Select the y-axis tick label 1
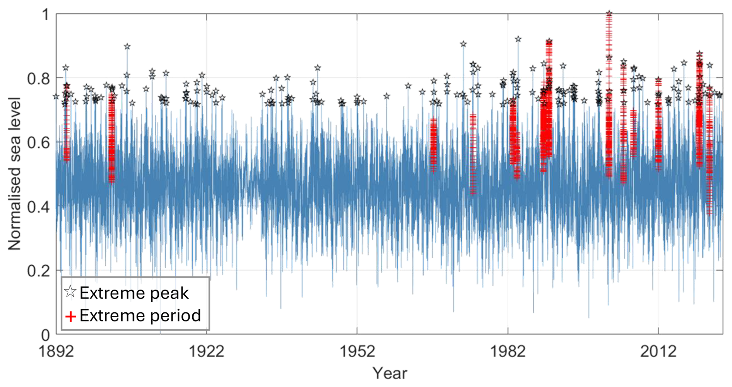(46, 15)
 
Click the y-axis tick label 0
(46, 335)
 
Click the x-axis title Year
(390, 373)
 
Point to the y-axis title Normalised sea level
(14, 174)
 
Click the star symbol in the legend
(70, 292)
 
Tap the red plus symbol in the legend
(70, 317)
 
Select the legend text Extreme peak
(134, 293)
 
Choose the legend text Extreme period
(140, 316)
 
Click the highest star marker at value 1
(609, 14)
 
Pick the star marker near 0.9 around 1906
(127, 46)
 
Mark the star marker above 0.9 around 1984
(518, 39)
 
